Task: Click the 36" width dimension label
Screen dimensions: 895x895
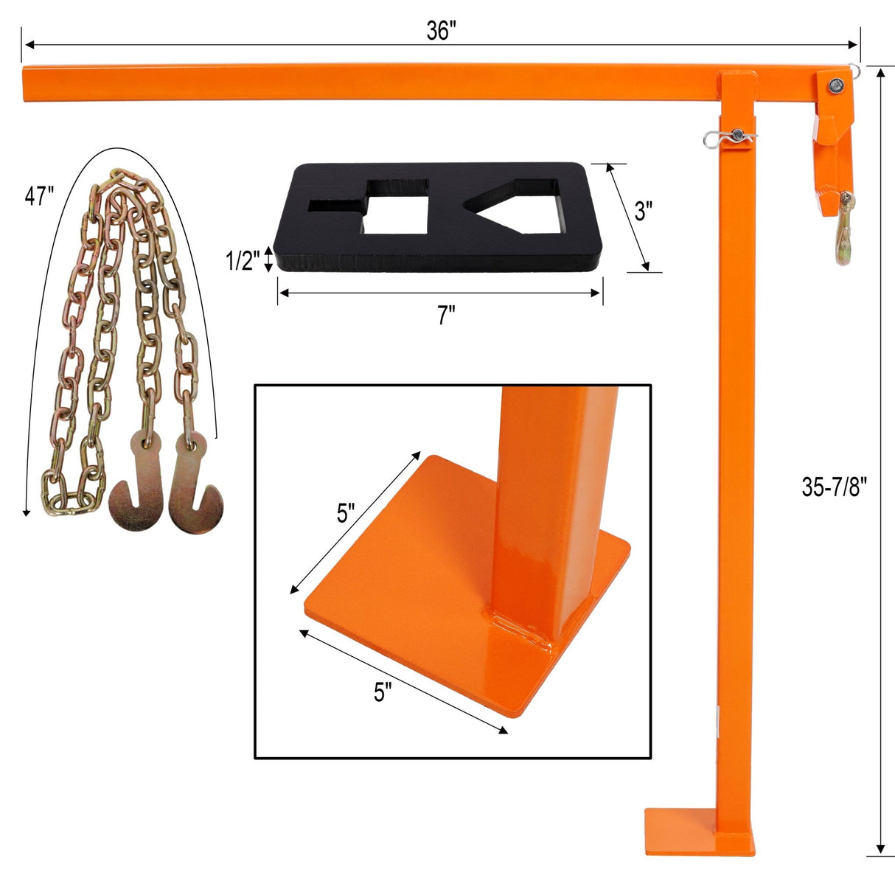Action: [x=441, y=31]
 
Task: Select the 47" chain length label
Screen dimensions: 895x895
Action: [x=39, y=196]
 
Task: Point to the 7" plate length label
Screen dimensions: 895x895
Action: [x=446, y=316]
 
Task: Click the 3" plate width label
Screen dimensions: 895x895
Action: [x=644, y=211]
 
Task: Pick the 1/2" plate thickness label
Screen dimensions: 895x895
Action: [x=242, y=260]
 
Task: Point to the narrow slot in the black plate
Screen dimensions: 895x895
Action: [x=336, y=206]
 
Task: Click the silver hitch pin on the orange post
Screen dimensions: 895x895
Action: [x=729, y=137]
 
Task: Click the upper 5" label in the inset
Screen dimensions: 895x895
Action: [x=346, y=512]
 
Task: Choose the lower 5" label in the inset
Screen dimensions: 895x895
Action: [x=382, y=692]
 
